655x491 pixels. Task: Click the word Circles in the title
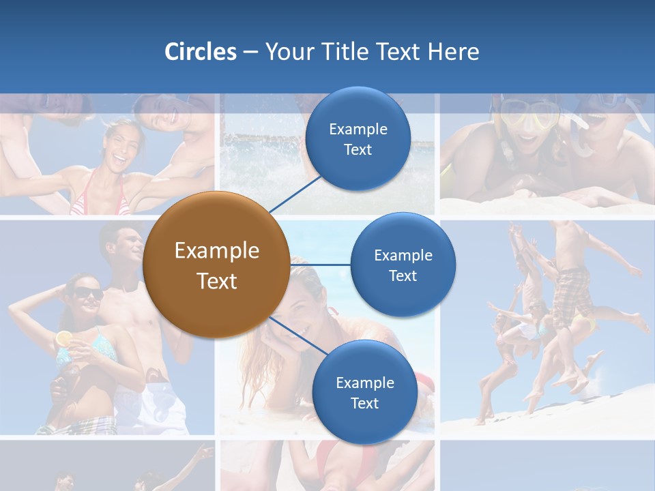[x=200, y=52]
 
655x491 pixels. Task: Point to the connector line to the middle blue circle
[x=321, y=265]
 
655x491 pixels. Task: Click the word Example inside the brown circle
[x=216, y=251]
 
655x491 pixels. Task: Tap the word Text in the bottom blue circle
[x=364, y=404]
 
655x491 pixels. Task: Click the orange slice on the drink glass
[x=63, y=338]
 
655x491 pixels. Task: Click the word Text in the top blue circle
[x=358, y=150]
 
